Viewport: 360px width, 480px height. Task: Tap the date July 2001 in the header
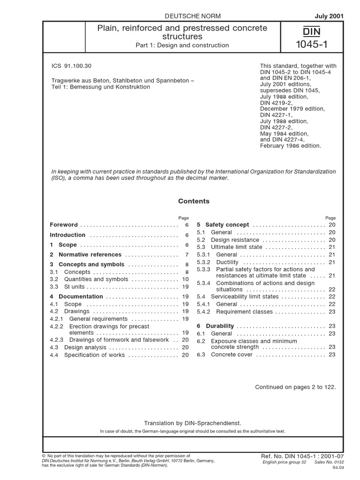330,15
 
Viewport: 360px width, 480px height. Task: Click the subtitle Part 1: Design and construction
182,45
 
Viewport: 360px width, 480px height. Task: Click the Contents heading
194,201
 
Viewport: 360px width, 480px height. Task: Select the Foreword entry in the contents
64,225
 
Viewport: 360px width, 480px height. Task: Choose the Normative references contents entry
90,255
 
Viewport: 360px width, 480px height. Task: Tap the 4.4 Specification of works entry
87,355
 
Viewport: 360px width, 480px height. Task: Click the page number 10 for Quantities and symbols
185,279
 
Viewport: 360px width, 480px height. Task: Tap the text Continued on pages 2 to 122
295,387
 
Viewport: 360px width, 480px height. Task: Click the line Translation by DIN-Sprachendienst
193,422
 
